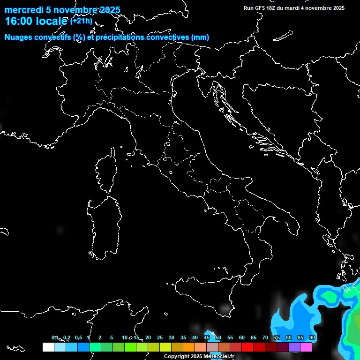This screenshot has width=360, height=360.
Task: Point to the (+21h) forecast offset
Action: [81, 21]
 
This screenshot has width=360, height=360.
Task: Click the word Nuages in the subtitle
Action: [19, 37]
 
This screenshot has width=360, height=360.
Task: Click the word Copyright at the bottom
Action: [177, 357]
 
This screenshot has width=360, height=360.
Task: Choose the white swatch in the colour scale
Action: [48, 347]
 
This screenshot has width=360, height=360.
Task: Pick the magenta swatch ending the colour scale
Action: [306, 347]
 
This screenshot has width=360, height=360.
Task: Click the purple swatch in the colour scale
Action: [294, 347]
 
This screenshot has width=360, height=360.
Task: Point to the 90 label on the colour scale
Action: [312, 337]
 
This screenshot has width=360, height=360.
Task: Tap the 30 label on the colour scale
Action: [172, 337]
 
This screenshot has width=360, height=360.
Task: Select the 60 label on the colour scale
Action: [242, 337]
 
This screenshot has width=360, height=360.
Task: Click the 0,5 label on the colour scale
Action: [78, 337]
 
